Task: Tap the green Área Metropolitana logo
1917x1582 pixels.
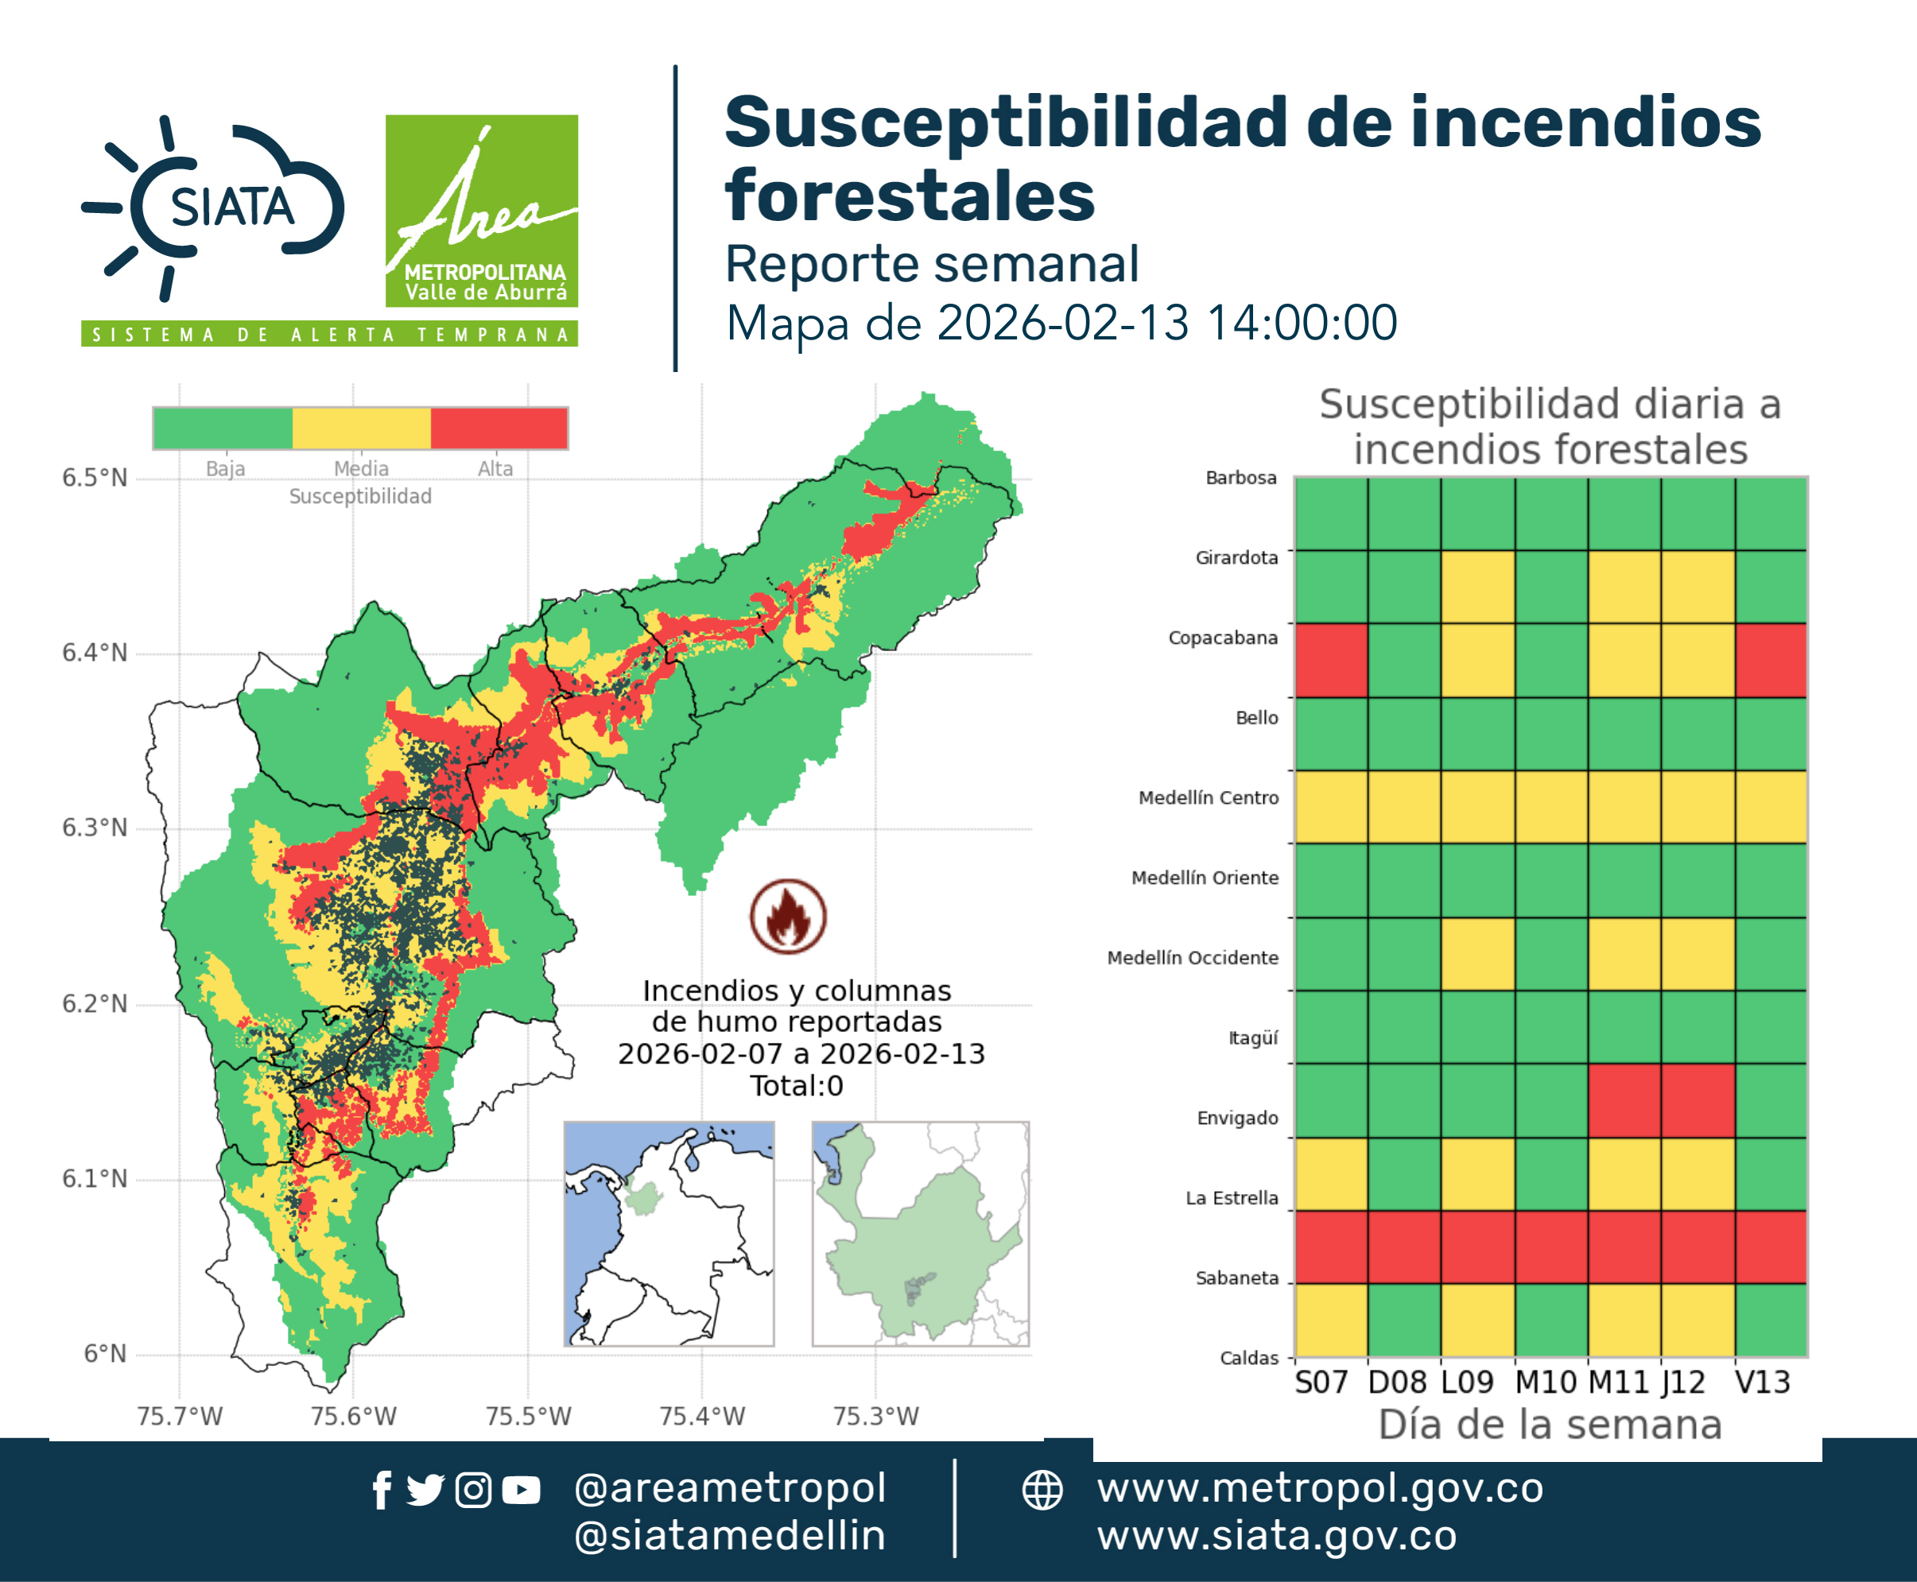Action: tap(481, 211)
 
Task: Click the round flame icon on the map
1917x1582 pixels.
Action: tap(789, 916)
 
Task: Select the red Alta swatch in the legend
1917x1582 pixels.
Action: tap(499, 428)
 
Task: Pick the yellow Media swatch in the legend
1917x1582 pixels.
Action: tap(361, 428)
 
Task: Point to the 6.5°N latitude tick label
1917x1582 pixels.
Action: tap(95, 478)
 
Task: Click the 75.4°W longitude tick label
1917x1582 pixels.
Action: tap(702, 1416)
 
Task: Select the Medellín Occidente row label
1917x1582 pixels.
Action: tap(1193, 958)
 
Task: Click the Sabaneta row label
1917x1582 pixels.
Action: tap(1237, 1278)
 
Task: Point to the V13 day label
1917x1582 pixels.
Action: tap(1762, 1382)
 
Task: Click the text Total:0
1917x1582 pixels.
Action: tap(797, 1085)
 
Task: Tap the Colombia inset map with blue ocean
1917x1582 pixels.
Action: tap(669, 1234)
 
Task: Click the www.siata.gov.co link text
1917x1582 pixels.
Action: tap(1276, 1537)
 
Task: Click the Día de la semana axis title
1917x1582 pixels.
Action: tap(1550, 1425)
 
